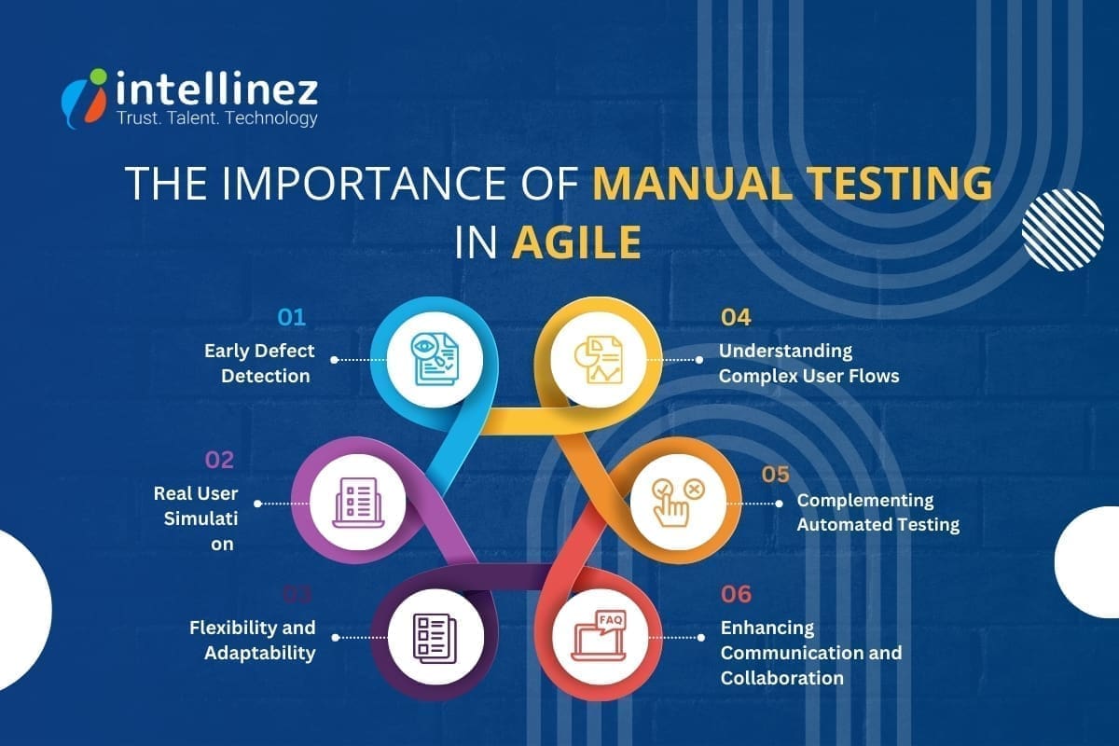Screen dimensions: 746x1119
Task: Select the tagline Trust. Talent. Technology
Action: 216,118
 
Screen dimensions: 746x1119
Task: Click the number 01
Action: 292,318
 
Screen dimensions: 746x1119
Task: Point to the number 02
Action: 219,460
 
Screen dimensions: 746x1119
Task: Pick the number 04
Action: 736,318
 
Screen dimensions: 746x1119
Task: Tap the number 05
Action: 776,475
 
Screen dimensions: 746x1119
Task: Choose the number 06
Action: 736,594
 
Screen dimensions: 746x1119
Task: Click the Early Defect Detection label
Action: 259,364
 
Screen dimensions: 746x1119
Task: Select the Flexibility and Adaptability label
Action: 253,640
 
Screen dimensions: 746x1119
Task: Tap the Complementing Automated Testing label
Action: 877,513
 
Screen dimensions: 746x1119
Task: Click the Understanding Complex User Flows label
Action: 808,364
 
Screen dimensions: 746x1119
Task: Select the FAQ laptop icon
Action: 597,638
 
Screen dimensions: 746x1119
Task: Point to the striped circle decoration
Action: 1062,229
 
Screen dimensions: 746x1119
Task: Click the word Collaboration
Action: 782,678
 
